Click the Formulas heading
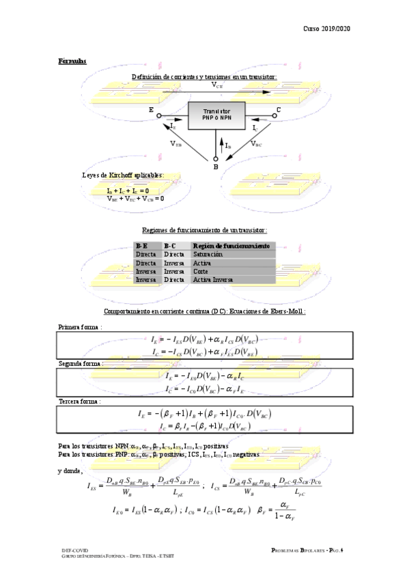point(72,61)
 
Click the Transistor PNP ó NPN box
point(216,113)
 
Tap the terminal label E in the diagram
point(151,109)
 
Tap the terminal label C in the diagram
point(278,109)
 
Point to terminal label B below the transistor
point(215,166)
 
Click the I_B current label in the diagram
point(227,145)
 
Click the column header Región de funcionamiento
point(231,245)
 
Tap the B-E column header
point(142,245)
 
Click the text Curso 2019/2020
point(326,29)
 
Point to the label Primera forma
point(79,327)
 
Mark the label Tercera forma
point(79,401)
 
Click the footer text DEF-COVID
point(73,548)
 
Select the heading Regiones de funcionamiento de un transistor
point(204,231)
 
